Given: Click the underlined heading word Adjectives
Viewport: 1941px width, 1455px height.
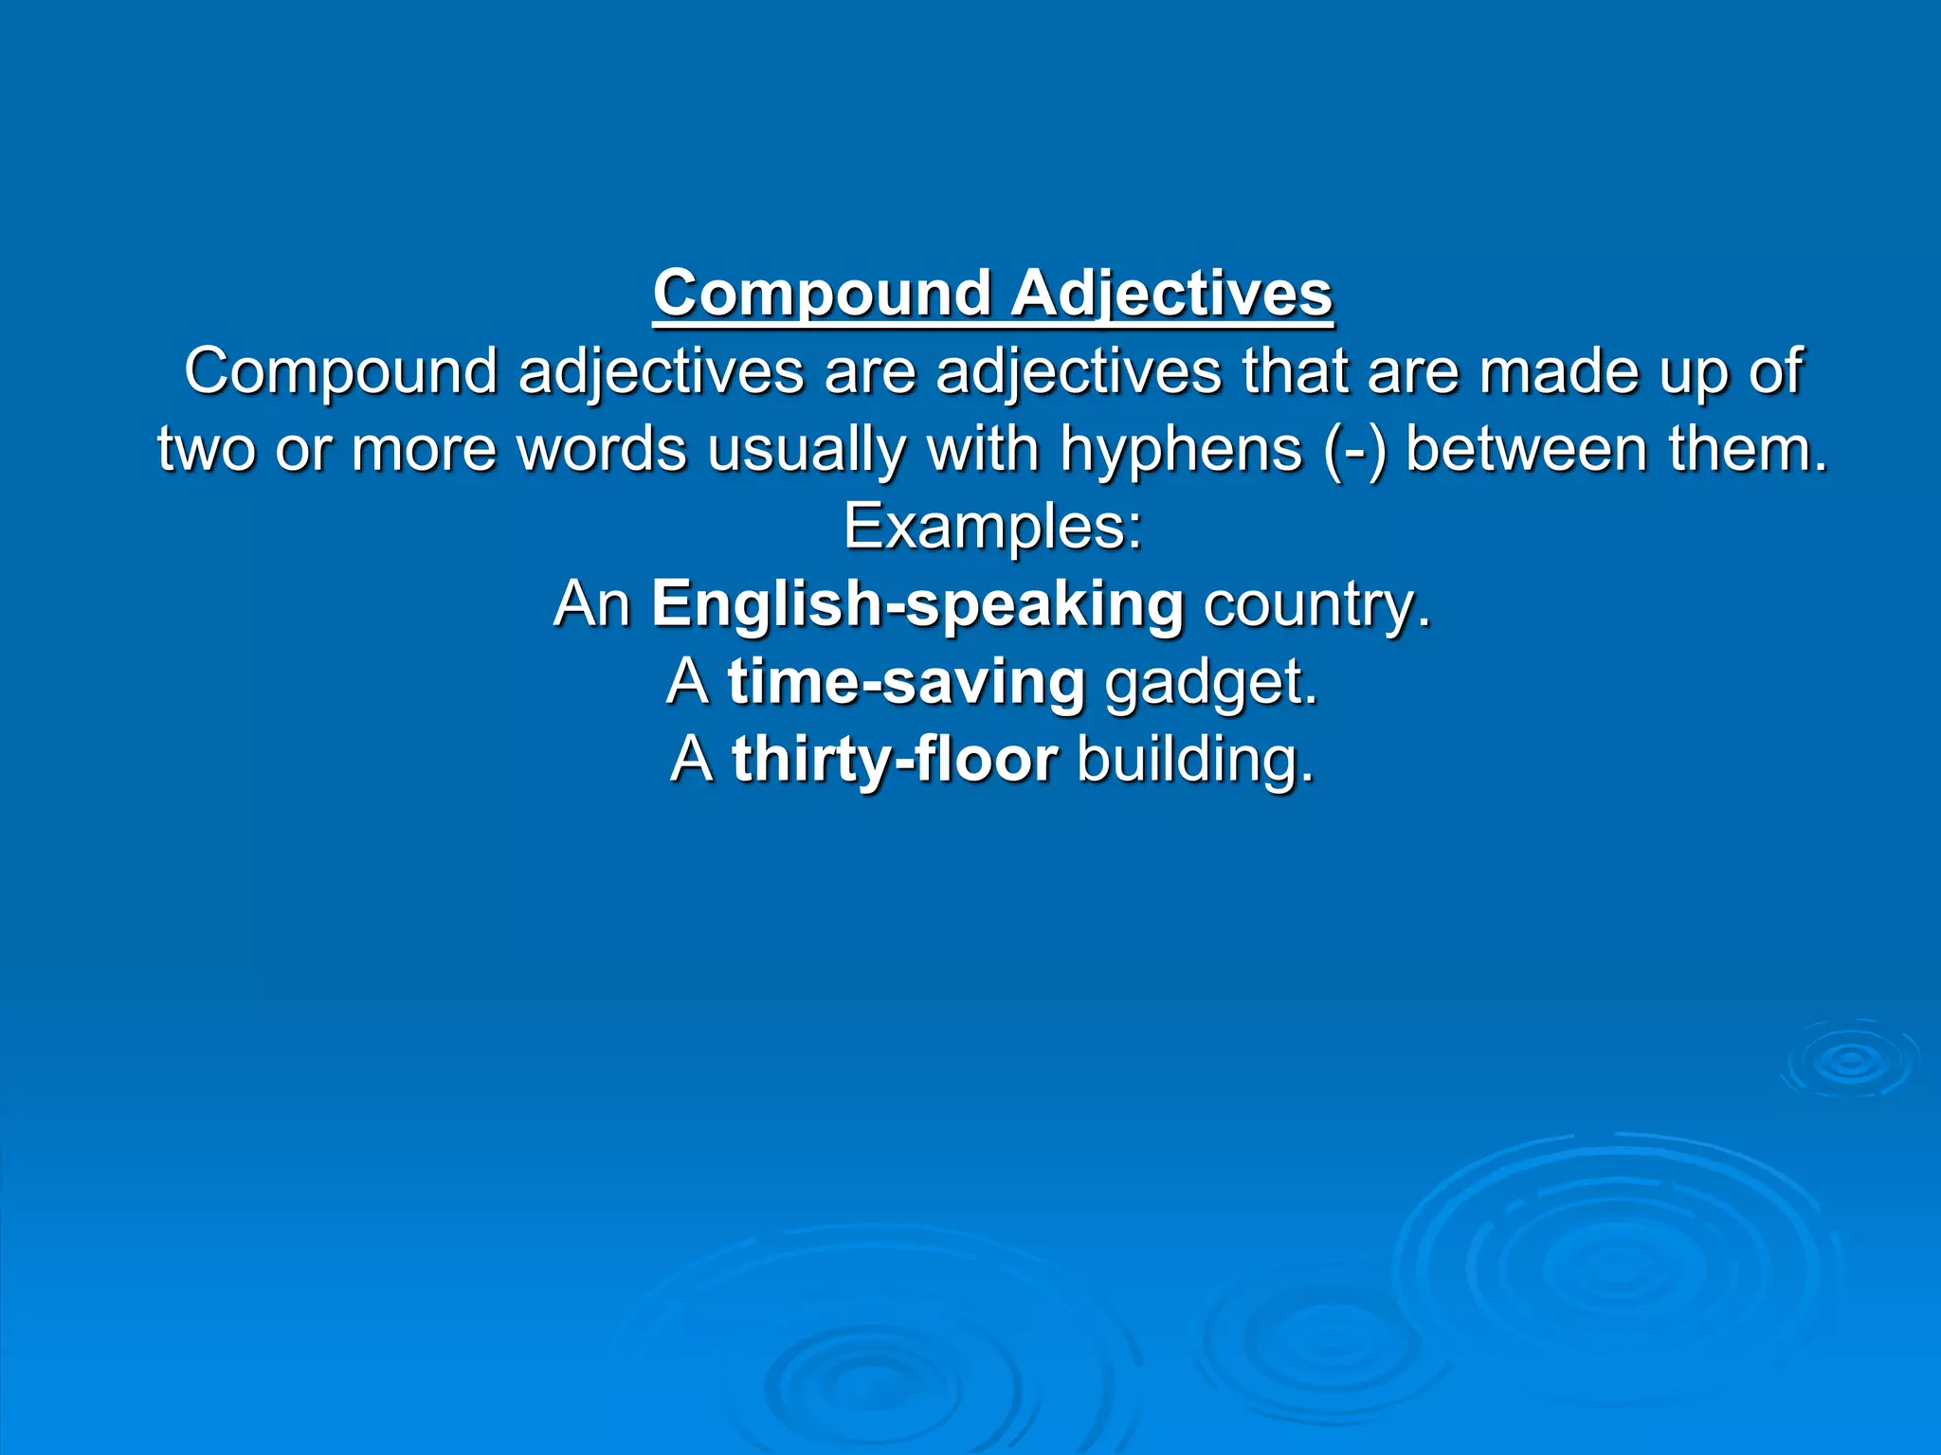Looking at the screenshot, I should (1171, 294).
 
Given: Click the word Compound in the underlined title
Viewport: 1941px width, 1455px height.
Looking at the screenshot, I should (822, 294).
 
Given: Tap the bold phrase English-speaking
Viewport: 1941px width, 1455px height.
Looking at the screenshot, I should (917, 604).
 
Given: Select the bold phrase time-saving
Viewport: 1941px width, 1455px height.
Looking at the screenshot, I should (906, 682).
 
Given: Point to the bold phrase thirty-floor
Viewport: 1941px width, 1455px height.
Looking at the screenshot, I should (895, 760).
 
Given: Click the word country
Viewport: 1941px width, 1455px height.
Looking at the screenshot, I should (1316, 604).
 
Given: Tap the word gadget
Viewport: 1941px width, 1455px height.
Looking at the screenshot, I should (1211, 682).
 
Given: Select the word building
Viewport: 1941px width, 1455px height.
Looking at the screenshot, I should (1196, 760).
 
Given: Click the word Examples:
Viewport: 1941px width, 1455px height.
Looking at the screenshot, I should (993, 527).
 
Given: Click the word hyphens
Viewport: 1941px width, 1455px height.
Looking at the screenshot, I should (1181, 449).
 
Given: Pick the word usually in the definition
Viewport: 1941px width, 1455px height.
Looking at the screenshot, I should (807, 449).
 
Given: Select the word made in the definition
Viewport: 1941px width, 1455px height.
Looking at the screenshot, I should (1559, 371).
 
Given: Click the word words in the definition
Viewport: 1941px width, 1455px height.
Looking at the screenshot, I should (602, 449).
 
